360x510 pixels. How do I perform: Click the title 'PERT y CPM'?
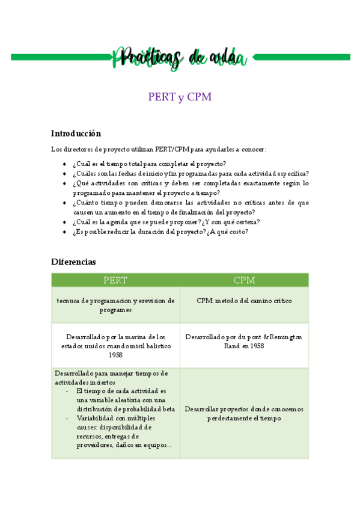coord(180,97)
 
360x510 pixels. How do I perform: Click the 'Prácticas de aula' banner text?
coord(180,58)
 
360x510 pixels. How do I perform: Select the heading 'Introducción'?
coord(76,134)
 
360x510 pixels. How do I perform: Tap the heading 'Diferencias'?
coord(73,262)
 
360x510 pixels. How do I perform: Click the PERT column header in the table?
coord(115,280)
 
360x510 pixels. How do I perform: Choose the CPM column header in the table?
coord(244,280)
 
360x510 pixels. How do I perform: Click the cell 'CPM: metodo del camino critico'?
coord(244,301)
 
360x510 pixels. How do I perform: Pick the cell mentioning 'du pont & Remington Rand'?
coord(244,341)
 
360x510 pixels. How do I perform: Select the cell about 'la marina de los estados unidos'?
coord(115,346)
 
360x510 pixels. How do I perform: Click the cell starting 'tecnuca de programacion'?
coord(115,305)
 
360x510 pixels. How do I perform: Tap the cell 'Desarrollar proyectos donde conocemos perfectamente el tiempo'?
coord(244,413)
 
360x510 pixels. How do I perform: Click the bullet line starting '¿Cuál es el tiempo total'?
coord(149,164)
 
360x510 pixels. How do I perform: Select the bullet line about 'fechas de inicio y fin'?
coord(191,173)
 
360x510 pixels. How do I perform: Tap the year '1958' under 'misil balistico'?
coord(115,355)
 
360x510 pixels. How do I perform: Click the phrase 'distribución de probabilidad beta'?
coord(126,408)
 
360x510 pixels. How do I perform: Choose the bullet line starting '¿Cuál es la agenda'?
coord(165,221)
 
